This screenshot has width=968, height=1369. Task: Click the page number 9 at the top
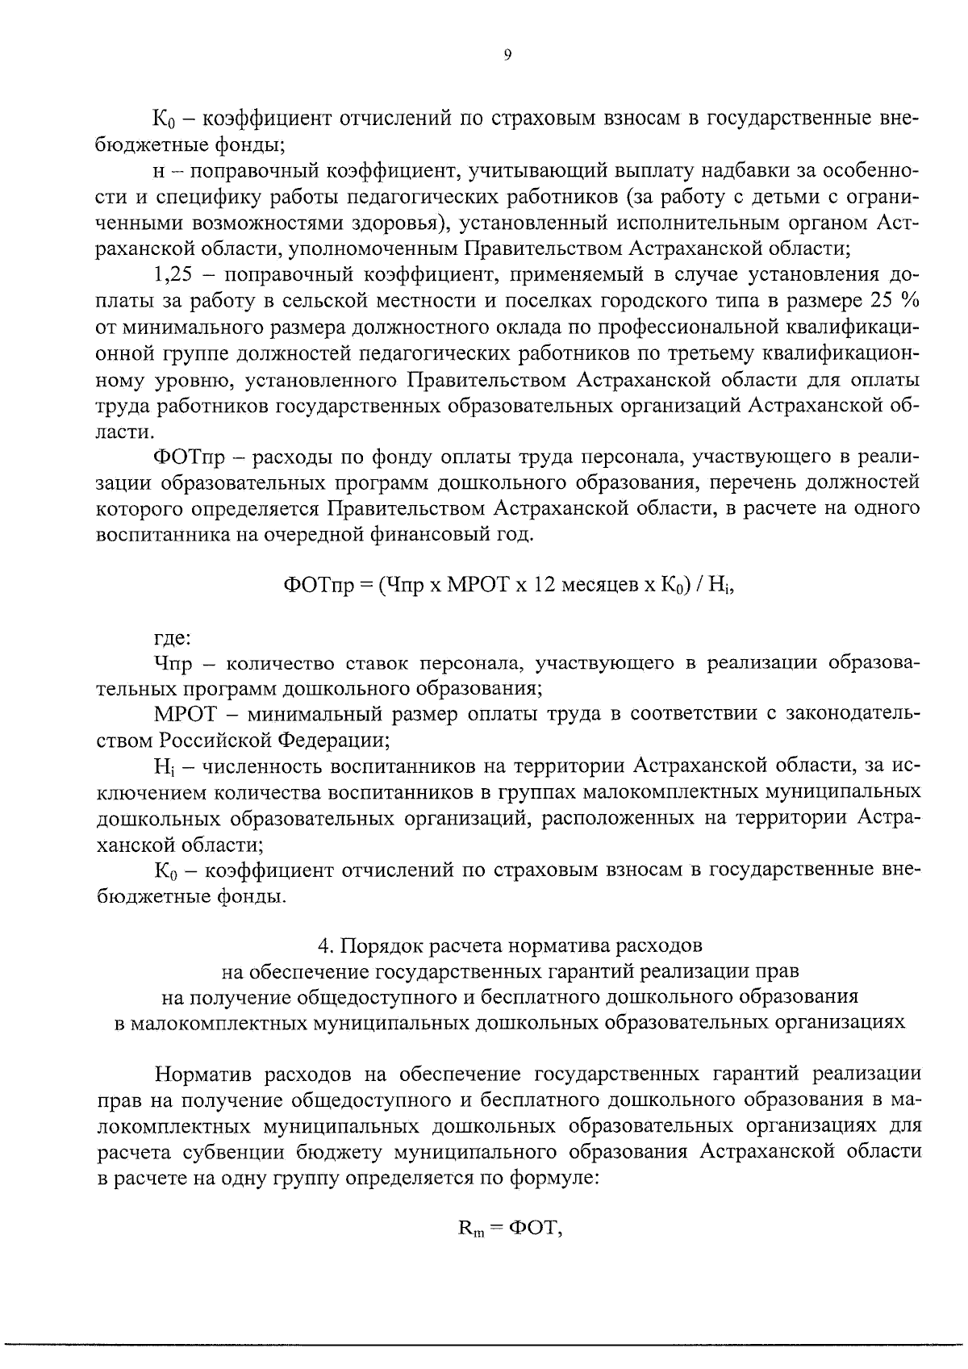(507, 55)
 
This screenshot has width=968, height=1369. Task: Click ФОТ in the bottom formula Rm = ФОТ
(532, 1228)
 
